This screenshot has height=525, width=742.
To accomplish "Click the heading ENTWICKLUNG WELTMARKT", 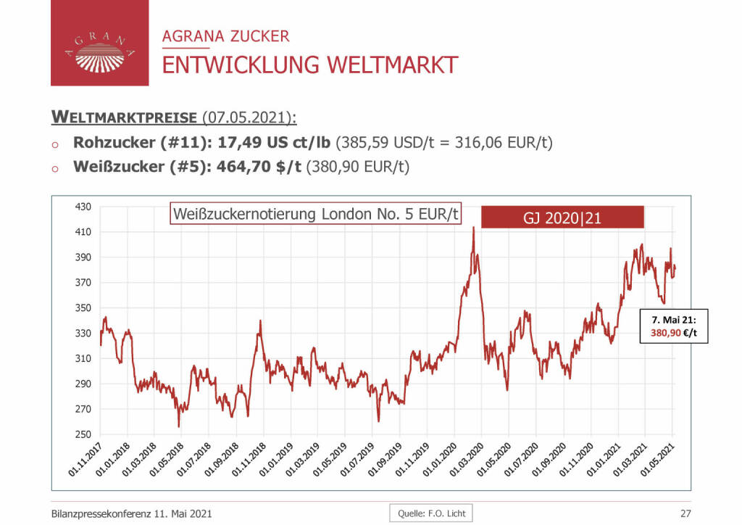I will (309, 65).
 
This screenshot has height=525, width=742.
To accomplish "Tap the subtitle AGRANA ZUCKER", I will (225, 36).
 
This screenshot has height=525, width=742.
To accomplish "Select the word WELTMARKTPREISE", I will (124, 117).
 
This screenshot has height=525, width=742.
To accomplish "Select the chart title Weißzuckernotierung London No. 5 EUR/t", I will (316, 215).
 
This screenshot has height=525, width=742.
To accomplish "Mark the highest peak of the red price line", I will (473, 228).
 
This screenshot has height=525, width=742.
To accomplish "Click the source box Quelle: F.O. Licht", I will (430, 513).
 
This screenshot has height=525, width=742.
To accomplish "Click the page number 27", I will (685, 513).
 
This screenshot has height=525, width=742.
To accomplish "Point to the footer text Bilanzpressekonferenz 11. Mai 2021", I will (132, 513).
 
